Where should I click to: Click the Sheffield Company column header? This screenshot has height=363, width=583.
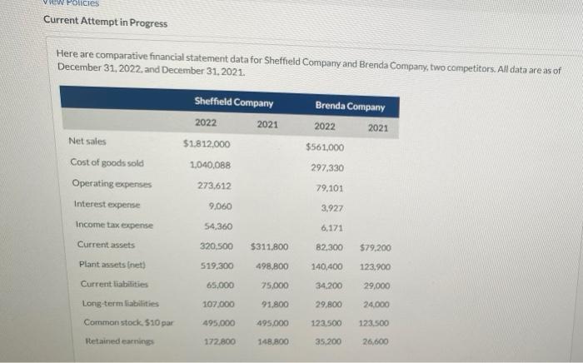pyautogui.click(x=233, y=102)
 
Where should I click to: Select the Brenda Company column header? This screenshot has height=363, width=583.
pyautogui.click(x=350, y=106)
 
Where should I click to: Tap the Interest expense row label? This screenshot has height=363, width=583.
pyautogui.click(x=106, y=204)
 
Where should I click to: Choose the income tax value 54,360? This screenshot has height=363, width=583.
pyautogui.click(x=217, y=226)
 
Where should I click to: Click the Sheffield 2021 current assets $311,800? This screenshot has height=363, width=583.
pyautogui.click(x=269, y=246)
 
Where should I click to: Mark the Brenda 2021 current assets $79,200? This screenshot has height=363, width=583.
pyautogui.click(x=376, y=247)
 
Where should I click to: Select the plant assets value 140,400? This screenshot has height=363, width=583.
pyautogui.click(x=327, y=267)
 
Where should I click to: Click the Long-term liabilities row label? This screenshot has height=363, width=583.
pyautogui.click(x=115, y=305)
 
